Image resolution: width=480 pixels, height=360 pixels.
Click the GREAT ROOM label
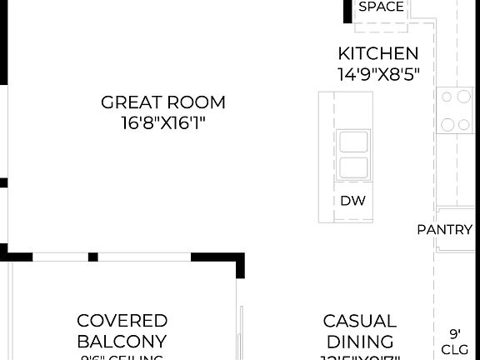163,102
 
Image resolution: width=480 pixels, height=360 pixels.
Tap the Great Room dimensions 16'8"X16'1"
163,123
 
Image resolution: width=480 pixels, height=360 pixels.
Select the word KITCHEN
378,53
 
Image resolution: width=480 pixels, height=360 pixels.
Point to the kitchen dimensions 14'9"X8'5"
378,73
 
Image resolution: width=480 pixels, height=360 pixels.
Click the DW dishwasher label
352,201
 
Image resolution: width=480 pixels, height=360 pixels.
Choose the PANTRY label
445,229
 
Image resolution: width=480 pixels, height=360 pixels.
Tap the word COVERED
122,321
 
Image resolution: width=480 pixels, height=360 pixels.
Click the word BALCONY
122,341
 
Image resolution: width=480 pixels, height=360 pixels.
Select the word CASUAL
360,321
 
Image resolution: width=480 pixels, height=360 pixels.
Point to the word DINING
360,341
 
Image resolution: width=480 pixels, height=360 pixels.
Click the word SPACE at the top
381,7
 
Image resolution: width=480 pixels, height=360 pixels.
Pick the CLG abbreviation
455,349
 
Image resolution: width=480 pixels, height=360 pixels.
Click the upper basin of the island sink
352,142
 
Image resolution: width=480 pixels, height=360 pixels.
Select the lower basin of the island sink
352,166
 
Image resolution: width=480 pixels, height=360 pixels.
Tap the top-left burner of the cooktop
446,97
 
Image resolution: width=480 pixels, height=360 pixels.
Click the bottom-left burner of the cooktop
447,126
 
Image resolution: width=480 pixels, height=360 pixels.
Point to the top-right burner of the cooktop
462,97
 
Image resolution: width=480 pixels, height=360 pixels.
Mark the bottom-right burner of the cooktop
463,126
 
